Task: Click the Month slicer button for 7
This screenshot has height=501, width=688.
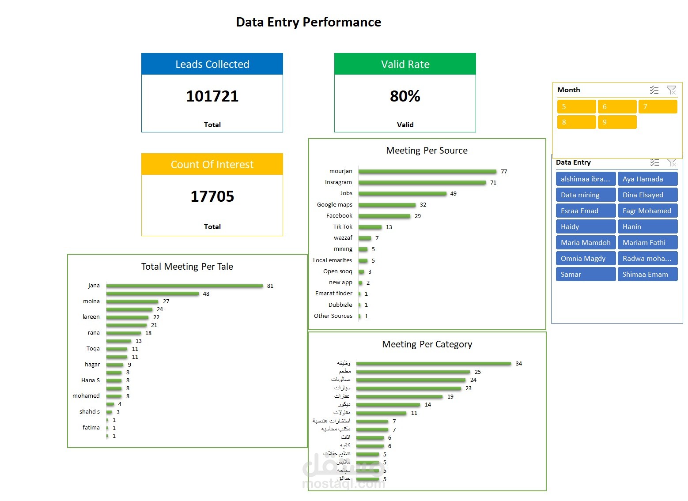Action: pos(658,106)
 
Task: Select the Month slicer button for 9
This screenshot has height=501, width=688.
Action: pos(617,122)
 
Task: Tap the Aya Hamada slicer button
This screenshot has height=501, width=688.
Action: pos(647,179)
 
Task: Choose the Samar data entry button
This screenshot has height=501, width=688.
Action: pos(586,274)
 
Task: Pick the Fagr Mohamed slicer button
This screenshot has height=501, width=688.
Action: pos(647,211)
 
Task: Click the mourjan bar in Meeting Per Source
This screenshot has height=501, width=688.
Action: pos(427,171)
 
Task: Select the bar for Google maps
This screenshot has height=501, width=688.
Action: pos(387,205)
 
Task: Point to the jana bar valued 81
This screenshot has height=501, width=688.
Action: pos(185,286)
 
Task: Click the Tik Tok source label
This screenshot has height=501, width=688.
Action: pos(343,226)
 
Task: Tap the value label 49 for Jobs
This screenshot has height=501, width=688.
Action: pos(454,194)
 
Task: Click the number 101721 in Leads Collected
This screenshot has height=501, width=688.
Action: pos(212,96)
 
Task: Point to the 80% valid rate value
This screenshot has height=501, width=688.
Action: pos(405,96)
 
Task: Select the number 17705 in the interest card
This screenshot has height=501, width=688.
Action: pos(212,196)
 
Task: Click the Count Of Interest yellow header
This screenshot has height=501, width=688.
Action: pos(212,164)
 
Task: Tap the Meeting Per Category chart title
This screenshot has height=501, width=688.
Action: pos(427,344)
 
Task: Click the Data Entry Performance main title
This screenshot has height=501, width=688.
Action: pos(308,22)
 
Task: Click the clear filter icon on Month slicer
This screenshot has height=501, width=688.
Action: pos(671,90)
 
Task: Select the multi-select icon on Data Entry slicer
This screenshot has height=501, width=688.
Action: pos(654,162)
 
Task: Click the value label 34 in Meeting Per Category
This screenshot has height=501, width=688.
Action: pos(519,363)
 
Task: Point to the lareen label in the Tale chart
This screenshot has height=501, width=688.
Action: pos(91,316)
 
